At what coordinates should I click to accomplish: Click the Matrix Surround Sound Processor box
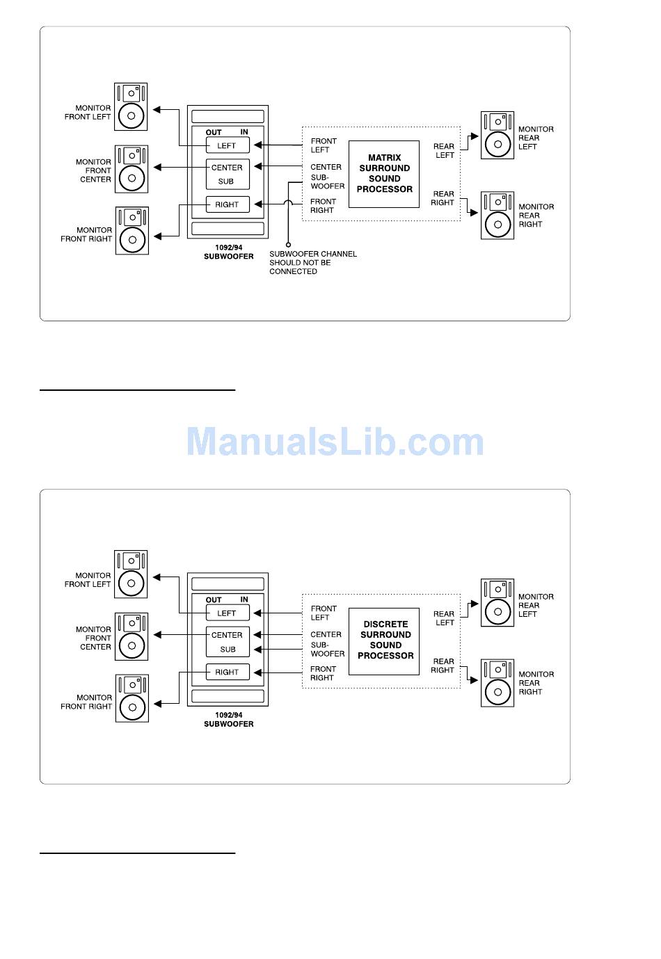[384, 174]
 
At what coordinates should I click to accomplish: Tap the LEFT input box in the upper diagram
[228, 145]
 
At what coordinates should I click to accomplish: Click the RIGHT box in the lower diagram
[228, 672]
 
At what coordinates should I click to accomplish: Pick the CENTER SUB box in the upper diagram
[228, 174]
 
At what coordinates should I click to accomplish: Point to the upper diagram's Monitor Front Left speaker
[131, 107]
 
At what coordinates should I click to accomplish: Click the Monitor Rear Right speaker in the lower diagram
[497, 683]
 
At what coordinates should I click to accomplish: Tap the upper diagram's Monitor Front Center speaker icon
[132, 169]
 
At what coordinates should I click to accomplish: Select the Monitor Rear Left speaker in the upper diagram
[497, 136]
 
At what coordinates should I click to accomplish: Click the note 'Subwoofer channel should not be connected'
[313, 263]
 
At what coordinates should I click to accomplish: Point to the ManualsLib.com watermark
[335, 442]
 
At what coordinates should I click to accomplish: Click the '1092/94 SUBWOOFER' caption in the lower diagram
[228, 720]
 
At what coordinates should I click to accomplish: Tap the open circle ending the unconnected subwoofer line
[288, 245]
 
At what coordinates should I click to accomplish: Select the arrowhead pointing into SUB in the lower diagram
[257, 650]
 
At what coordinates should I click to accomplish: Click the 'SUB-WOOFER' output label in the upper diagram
[327, 182]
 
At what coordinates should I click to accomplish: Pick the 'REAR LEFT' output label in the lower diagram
[444, 618]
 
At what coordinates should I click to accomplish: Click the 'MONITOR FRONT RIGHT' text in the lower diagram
[86, 702]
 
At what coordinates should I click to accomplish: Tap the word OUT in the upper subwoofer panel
[214, 132]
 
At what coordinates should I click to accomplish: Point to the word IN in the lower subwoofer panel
[244, 599]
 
